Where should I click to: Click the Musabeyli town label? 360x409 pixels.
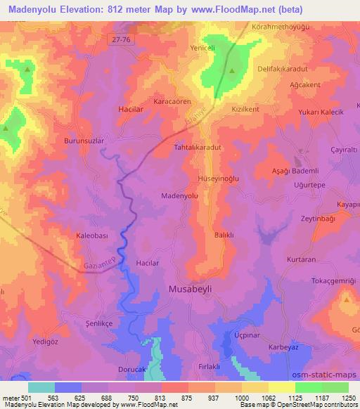(192, 288)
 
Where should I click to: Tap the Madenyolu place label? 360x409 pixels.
(178, 196)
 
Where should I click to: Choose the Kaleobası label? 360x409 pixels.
(91, 236)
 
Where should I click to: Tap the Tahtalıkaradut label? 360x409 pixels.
(198, 148)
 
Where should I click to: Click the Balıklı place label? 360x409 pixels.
(224, 236)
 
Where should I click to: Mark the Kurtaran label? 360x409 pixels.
(301, 259)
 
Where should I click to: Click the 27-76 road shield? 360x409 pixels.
(122, 42)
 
